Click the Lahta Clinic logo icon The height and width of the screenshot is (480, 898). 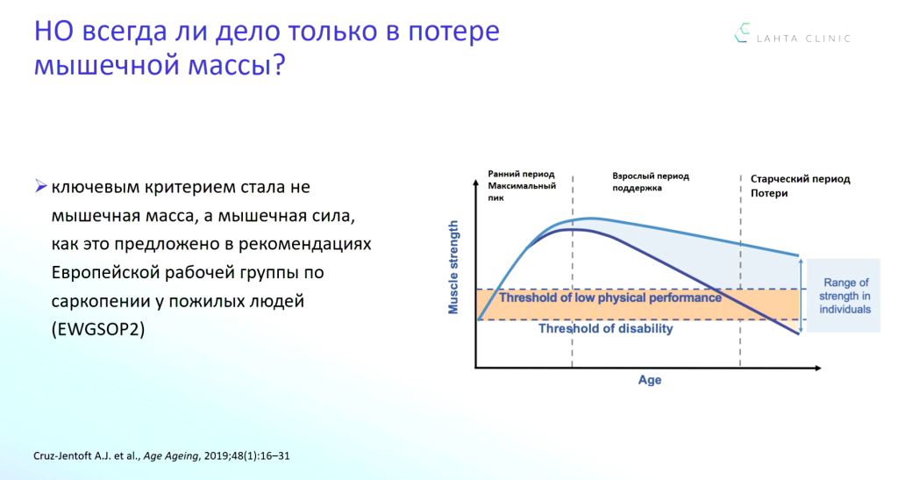pyautogui.click(x=742, y=32)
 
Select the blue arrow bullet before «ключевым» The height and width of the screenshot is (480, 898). pyautogui.click(x=40, y=186)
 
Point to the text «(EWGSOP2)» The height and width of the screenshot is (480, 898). pyautogui.click(x=98, y=329)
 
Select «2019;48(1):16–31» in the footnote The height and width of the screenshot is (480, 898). pyautogui.click(x=246, y=456)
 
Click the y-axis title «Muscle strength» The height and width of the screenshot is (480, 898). pyautogui.click(x=453, y=268)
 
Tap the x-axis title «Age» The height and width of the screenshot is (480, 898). pyautogui.click(x=650, y=380)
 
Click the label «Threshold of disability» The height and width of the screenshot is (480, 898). pyautogui.click(x=605, y=328)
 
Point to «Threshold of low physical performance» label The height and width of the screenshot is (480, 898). pyautogui.click(x=610, y=297)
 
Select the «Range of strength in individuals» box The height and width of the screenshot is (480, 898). pyautogui.click(x=843, y=296)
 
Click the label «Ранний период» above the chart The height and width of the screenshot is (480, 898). pyautogui.click(x=521, y=174)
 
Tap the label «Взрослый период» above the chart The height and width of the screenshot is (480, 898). pyautogui.click(x=651, y=176)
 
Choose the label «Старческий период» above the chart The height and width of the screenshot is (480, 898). pyautogui.click(x=800, y=179)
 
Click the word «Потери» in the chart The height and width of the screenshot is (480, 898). pyautogui.click(x=769, y=193)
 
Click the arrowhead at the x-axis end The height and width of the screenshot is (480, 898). pyautogui.click(x=817, y=368)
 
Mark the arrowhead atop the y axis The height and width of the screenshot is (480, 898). pyautogui.click(x=475, y=183)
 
